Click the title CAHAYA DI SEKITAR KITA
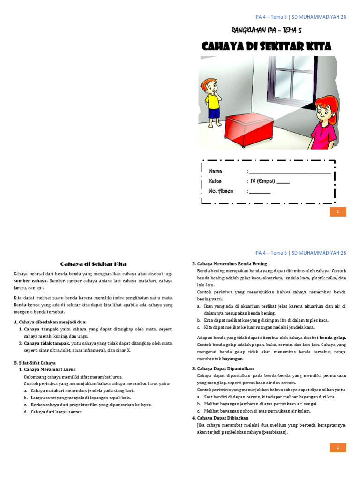click(x=266, y=46)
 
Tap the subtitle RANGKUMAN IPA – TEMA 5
click(x=266, y=30)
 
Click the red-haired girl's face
click(x=323, y=111)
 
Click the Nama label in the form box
click(x=215, y=171)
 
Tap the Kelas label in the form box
click(x=215, y=181)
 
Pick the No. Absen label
click(x=220, y=191)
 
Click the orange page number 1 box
click(x=337, y=212)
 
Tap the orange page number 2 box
click(x=337, y=447)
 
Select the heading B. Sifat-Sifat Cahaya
click(x=35, y=362)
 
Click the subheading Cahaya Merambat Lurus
click(x=49, y=369)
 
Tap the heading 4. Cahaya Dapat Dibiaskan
click(x=220, y=418)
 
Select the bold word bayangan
click(x=232, y=359)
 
